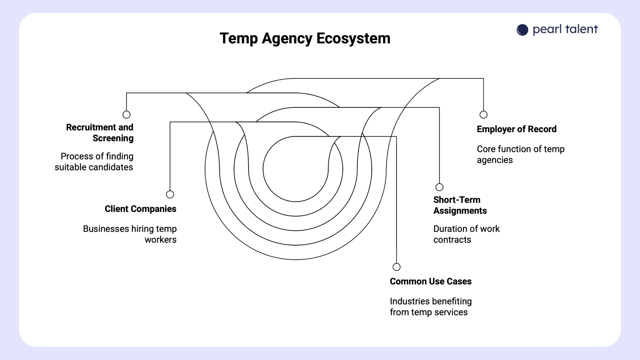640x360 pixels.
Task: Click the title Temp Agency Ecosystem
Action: pos(305,38)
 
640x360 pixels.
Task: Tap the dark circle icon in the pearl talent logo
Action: pos(522,30)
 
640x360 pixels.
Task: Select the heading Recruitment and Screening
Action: pos(100,133)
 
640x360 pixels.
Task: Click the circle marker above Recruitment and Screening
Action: pos(126,115)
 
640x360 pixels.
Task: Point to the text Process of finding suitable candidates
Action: pos(94,162)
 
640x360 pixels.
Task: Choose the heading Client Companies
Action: pos(140,209)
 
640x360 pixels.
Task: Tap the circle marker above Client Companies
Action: pos(170,194)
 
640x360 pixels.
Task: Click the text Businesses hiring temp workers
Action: pos(130,234)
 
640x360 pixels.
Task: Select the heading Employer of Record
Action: pos(517,129)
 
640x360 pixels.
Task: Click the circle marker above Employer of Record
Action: pos(483,115)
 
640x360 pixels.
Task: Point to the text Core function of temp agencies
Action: pos(520,154)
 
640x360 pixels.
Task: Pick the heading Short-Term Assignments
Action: pos(460,205)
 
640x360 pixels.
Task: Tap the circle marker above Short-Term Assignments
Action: pos(439,187)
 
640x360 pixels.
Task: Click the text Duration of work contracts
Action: pos(466,234)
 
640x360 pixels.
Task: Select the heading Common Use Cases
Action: pos(431,282)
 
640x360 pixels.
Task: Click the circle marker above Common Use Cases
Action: pos(396,267)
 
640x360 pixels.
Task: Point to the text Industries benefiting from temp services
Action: pos(431,307)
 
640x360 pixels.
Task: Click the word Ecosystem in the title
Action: pos(353,38)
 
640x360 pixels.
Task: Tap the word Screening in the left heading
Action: pos(113,138)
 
